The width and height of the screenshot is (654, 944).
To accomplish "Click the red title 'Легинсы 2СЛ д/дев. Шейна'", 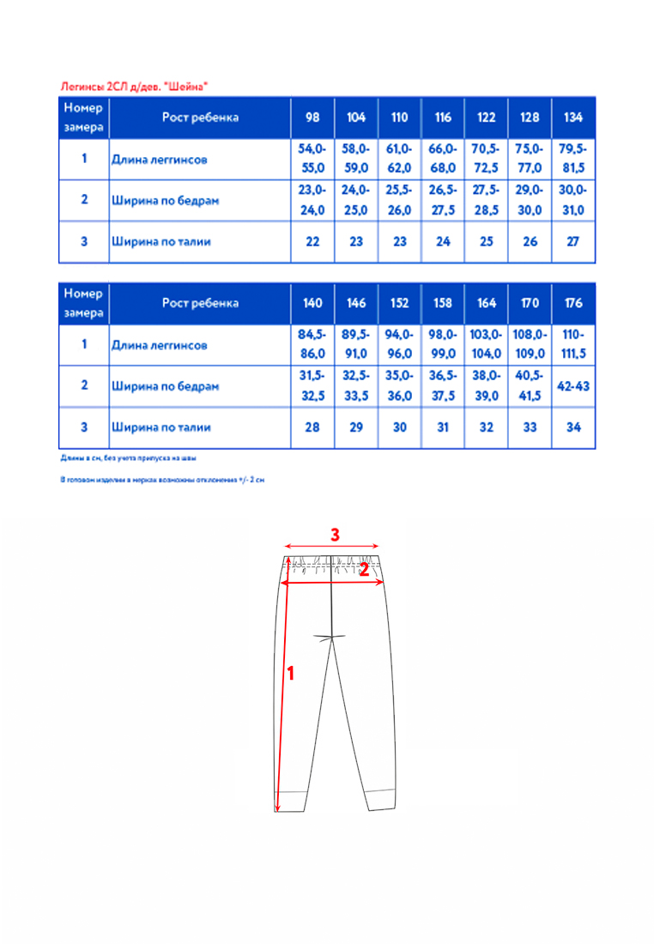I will [x=134, y=86].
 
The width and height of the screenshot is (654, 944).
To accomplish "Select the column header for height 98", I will [x=312, y=118].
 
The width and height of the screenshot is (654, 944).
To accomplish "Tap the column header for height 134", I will [x=572, y=118].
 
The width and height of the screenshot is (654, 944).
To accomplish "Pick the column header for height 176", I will [x=572, y=303].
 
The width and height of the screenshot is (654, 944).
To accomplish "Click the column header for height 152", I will [x=399, y=303].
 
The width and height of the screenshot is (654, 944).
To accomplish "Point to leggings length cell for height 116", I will [x=443, y=159].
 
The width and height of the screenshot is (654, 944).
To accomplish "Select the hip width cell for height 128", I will [x=530, y=200].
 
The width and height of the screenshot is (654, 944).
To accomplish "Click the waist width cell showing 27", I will [x=572, y=242].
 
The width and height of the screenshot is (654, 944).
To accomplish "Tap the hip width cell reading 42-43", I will [x=572, y=386].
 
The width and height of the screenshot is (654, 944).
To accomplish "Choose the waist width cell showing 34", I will [x=572, y=427].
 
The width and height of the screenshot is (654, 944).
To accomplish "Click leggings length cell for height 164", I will [x=486, y=345].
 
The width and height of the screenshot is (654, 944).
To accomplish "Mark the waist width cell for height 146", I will [x=356, y=427].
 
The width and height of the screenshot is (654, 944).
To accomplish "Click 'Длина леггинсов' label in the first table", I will [x=159, y=160].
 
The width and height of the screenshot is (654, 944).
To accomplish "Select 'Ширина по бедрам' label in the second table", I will [x=165, y=386].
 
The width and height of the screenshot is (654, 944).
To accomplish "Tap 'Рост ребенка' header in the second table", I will [x=200, y=303].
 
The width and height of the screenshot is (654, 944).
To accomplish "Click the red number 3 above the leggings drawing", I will [x=336, y=534].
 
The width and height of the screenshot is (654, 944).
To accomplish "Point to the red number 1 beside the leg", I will [x=291, y=675].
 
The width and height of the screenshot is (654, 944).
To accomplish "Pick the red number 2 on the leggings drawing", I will [x=364, y=569].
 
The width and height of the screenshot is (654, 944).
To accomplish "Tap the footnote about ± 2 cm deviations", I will [x=161, y=481].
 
